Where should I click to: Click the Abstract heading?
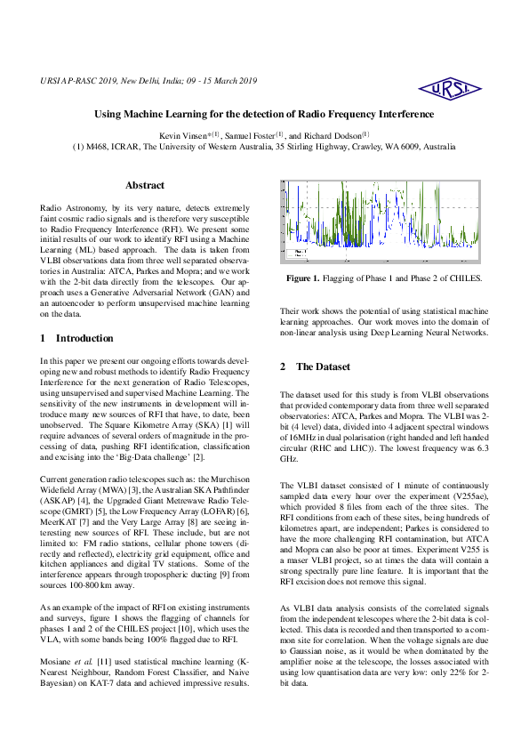tap(145, 185)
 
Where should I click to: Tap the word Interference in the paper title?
tap(398, 115)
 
